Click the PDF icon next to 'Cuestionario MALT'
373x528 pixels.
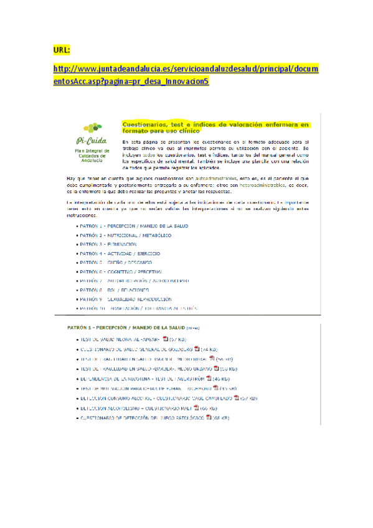coord(196,408)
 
